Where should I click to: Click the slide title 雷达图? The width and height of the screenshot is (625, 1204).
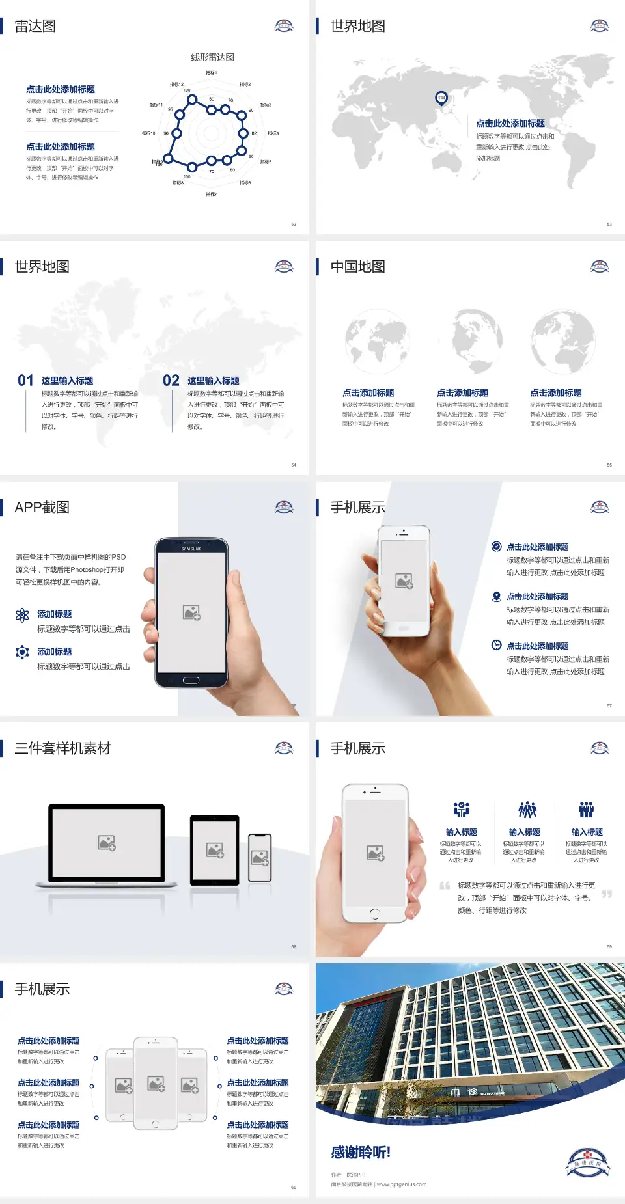pyautogui.click(x=35, y=26)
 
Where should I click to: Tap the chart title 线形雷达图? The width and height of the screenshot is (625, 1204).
pyautogui.click(x=212, y=57)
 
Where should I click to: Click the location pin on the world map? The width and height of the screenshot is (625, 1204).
pyautogui.click(x=441, y=98)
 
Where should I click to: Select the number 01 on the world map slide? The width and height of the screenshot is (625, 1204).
pyautogui.click(x=25, y=381)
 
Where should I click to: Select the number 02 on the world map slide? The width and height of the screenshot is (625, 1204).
pyautogui.click(x=171, y=381)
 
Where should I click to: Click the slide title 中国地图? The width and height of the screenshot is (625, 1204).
pyautogui.click(x=357, y=267)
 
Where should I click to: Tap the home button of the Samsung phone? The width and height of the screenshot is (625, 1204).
pyautogui.click(x=191, y=680)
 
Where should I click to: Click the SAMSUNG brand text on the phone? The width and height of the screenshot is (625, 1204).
pyautogui.click(x=191, y=549)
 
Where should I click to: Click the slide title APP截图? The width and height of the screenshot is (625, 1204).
pyautogui.click(x=42, y=508)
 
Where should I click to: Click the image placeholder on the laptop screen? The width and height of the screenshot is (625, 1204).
pyautogui.click(x=107, y=843)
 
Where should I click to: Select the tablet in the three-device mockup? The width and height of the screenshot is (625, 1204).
pyautogui.click(x=215, y=849)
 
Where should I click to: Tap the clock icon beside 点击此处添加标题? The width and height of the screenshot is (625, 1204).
pyautogui.click(x=496, y=645)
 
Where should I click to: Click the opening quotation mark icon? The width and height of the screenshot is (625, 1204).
pyautogui.click(x=445, y=886)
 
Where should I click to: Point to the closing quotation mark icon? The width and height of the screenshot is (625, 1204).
pyautogui.click(x=607, y=894)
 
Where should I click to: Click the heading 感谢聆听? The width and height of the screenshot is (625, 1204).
pyautogui.click(x=361, y=1153)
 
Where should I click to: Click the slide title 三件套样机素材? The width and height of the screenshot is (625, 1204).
pyautogui.click(x=62, y=748)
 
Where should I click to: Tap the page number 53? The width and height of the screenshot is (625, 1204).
pyautogui.click(x=609, y=225)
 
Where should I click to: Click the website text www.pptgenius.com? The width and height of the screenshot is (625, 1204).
pyautogui.click(x=401, y=1184)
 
